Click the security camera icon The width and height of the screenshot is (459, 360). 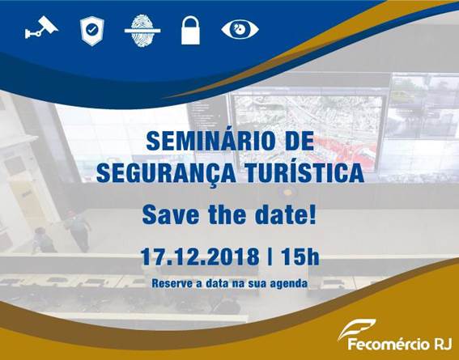pyautogui.click(x=41, y=28)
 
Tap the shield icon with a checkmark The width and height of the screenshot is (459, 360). pyautogui.click(x=92, y=31)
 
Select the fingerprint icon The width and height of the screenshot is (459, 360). pyautogui.click(x=142, y=31)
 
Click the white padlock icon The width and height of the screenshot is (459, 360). pyautogui.click(x=190, y=31)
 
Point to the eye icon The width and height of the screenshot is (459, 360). pyautogui.click(x=240, y=29)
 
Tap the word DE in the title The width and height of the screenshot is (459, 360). pyautogui.click(x=300, y=141)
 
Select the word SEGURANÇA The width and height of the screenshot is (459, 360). pyautogui.click(x=166, y=173)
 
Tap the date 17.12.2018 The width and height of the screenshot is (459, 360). pyautogui.click(x=200, y=256)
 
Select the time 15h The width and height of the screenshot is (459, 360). pyautogui.click(x=300, y=256)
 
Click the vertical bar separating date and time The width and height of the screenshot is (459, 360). pyautogui.click(x=270, y=256)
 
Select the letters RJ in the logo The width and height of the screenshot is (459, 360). pyautogui.click(x=443, y=344)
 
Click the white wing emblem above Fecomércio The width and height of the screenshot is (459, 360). pyautogui.click(x=356, y=328)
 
